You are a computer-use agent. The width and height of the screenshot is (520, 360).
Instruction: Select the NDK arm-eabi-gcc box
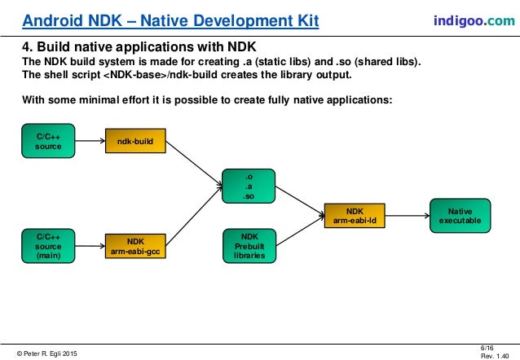[135, 245]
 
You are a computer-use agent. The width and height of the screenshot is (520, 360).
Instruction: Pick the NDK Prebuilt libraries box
[249, 245]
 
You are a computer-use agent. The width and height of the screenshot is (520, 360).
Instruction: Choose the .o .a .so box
[249, 185]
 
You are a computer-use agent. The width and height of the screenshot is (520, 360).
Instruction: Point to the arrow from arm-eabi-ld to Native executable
[407, 215]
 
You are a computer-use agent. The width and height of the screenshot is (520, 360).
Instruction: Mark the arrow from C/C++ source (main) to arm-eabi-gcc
[95, 245]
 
